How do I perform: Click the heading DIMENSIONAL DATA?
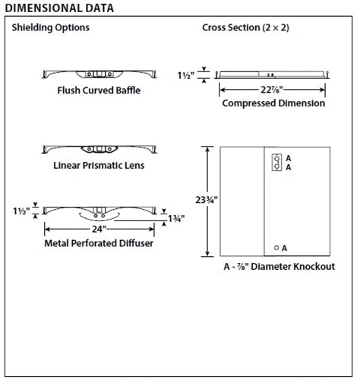coord(59,8)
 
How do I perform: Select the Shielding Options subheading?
coord(50,28)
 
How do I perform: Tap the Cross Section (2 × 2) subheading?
coord(245,28)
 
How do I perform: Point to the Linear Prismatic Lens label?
coord(99,164)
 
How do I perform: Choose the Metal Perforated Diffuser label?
coord(99,243)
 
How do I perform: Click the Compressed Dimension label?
coord(273,103)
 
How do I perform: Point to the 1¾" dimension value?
coord(177,219)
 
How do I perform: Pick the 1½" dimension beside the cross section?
coord(187,75)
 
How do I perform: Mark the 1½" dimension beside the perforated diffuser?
coord(22,209)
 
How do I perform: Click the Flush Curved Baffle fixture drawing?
coord(99,74)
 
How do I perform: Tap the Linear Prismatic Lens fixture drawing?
coord(99,147)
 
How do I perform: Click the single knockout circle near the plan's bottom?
coord(276,248)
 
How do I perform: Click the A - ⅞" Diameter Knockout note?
coord(279,268)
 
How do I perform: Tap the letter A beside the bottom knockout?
coord(285,248)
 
